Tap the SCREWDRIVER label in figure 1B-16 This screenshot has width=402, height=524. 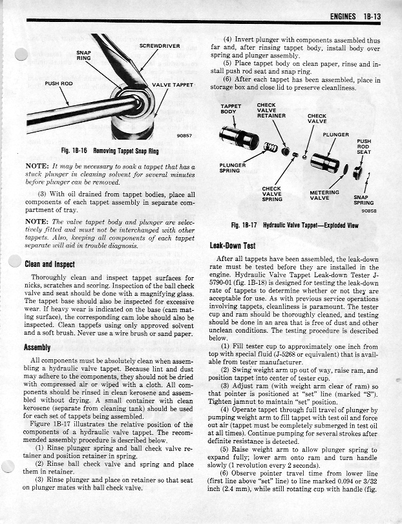pyautogui.click(x=159, y=46)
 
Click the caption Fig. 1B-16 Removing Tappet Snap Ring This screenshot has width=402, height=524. pyautogui.click(x=110, y=151)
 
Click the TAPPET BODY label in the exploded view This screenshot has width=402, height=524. pyautogui.click(x=230, y=109)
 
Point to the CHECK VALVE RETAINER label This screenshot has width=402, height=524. pyautogui.click(x=271, y=110)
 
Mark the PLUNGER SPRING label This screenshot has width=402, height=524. pyautogui.click(x=232, y=168)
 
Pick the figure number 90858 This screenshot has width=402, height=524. pyautogui.click(x=368, y=210)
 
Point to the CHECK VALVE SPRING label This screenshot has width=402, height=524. pyautogui.click(x=271, y=194)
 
